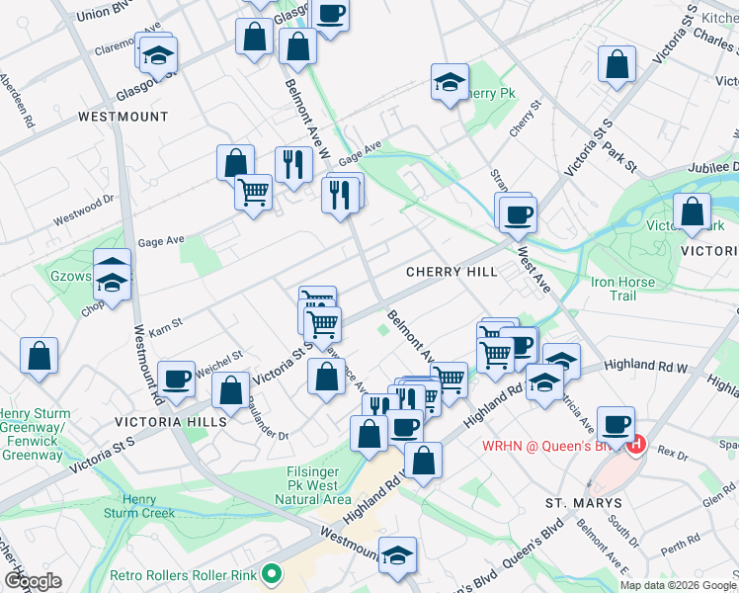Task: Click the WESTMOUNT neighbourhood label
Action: coord(123,117)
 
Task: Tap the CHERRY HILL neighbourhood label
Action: coord(448,272)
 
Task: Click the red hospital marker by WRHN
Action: coord(636,446)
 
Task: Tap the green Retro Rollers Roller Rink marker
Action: coord(269,574)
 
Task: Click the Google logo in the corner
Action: coord(34,581)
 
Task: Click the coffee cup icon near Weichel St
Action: coord(177,380)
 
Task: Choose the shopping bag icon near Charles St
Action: coord(616,64)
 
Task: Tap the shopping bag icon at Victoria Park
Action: coord(692,212)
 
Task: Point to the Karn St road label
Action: coord(166,323)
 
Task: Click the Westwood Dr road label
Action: coord(78,209)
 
